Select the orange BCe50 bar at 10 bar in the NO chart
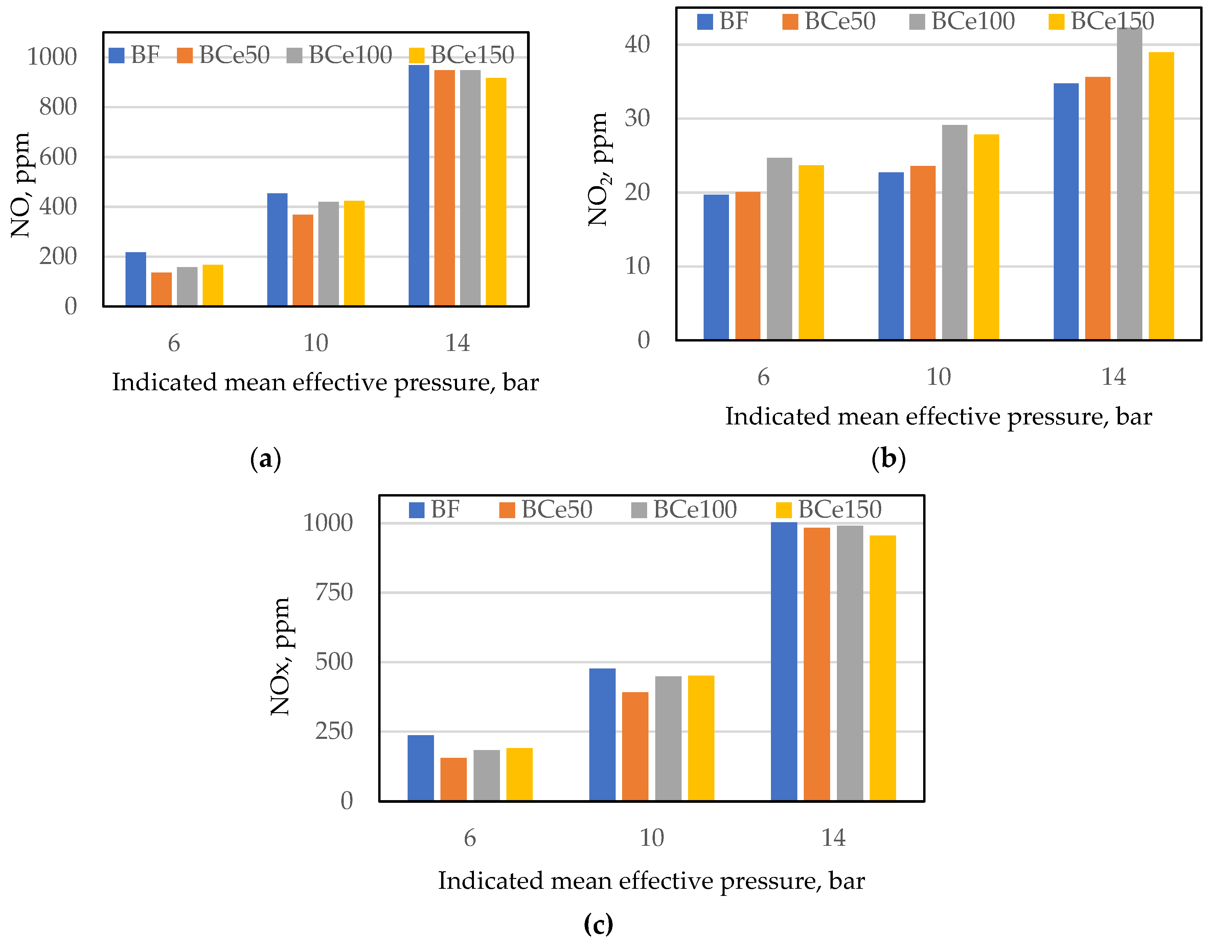point(302,261)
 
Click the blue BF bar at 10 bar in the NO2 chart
point(891,256)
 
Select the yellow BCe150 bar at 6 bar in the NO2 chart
point(811,252)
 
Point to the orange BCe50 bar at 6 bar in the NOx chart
point(453,779)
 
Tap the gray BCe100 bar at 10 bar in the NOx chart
point(668,738)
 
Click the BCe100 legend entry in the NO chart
point(340,55)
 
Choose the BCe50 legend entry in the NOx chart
point(546,509)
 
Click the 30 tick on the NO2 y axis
point(637,118)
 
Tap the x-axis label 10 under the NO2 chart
point(939,377)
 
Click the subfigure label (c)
point(598,924)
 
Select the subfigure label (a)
point(266,459)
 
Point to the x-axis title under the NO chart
point(325,382)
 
